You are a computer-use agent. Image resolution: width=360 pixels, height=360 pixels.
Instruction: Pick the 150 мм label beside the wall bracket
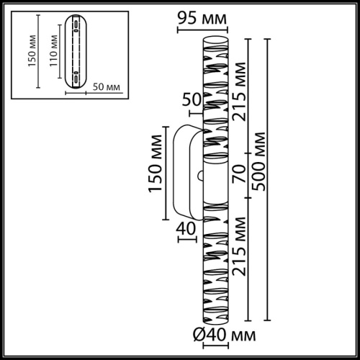pyautogui.click(x=153, y=164)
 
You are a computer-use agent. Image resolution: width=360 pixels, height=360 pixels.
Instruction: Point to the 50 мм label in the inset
pyautogui.click(x=107, y=86)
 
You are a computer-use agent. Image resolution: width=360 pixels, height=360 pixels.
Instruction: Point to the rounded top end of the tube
pyautogui.click(x=215, y=36)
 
